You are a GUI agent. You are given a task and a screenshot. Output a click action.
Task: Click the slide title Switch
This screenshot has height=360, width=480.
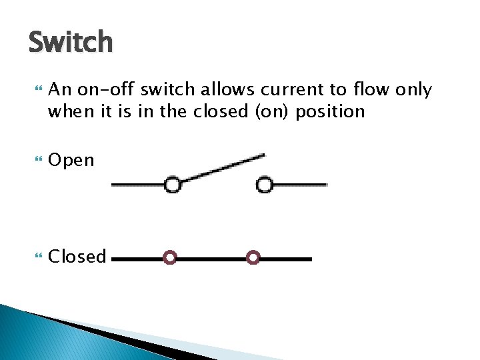coord(71,42)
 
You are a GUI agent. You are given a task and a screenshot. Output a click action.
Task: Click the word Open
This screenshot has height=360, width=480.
coord(71,161)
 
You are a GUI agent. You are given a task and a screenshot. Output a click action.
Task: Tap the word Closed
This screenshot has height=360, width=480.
coord(77,257)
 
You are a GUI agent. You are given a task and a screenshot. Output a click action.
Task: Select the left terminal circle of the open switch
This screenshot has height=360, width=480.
coord(173,184)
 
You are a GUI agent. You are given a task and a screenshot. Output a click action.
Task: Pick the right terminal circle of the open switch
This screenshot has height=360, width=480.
coord(265,184)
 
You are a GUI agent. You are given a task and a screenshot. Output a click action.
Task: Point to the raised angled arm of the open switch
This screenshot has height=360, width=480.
coord(223,168)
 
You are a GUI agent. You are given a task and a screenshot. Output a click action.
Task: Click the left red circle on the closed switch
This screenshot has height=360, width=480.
coord(170,258)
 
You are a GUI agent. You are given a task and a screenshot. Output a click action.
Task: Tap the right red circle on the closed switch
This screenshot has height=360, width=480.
coord(253,258)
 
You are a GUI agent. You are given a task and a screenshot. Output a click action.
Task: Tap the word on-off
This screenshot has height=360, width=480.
coord(101,90)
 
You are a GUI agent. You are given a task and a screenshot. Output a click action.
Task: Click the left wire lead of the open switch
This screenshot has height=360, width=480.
coord(137,184)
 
